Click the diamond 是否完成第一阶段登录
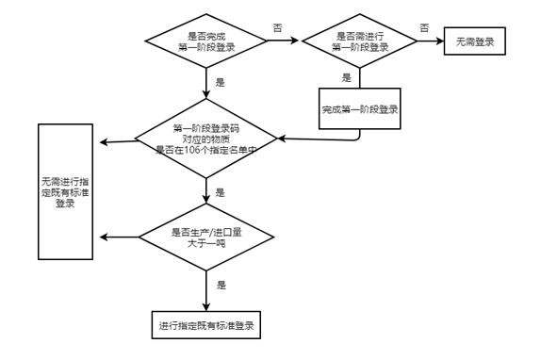[x=206, y=41]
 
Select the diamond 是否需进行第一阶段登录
[x=359, y=41]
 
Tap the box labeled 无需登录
[x=475, y=41]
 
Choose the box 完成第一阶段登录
[x=360, y=108]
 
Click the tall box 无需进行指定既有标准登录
[x=66, y=191]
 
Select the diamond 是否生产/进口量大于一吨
[x=206, y=237]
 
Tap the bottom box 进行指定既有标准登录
[x=206, y=325]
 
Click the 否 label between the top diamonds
[x=278, y=27]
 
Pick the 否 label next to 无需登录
[x=424, y=27]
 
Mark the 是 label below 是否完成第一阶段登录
[x=221, y=82]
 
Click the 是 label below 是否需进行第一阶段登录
[x=347, y=77]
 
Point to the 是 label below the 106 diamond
[x=221, y=192]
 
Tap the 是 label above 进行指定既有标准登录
[x=221, y=285]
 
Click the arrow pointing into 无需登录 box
[x=431, y=41]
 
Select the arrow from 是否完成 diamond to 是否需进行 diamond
[x=283, y=41]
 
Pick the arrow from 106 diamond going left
[x=119, y=141]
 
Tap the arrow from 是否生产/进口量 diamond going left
[x=120, y=237]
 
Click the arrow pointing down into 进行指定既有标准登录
[x=206, y=291]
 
